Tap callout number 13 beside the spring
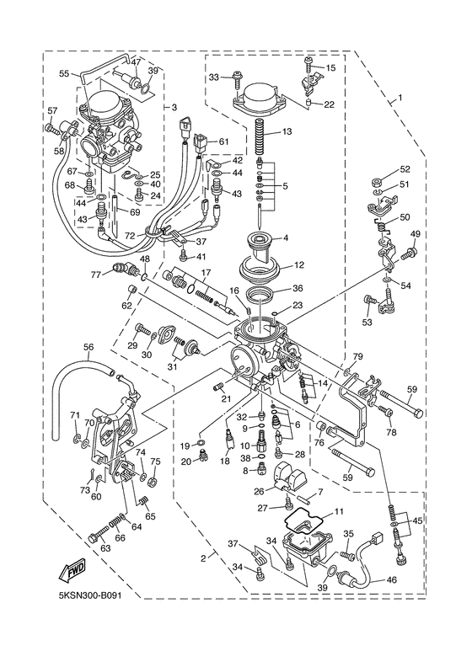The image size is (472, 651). tap(287, 131)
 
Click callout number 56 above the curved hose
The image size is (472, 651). tap(88, 347)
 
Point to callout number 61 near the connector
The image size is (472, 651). tap(224, 141)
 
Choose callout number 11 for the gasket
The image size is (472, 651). tap(339, 511)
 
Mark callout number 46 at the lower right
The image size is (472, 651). tap(391, 580)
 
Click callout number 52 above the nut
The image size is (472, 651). tap(405, 169)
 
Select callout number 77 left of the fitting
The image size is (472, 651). tap(96, 274)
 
